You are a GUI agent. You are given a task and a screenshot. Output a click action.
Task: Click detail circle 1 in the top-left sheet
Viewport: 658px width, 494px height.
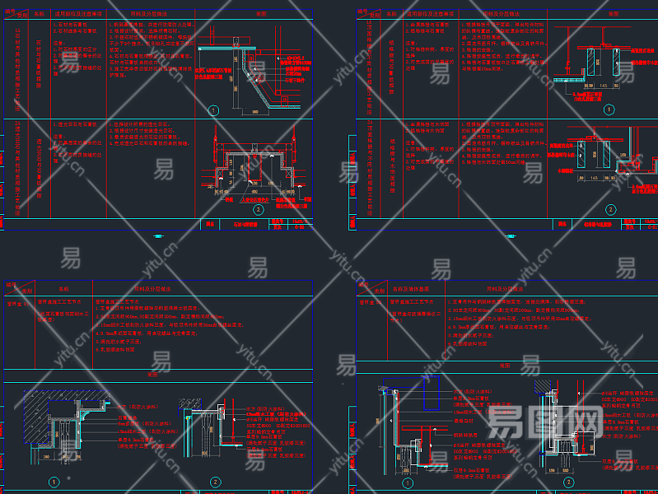coord(212,110)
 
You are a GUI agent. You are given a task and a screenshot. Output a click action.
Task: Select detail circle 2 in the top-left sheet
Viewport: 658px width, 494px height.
coord(258,209)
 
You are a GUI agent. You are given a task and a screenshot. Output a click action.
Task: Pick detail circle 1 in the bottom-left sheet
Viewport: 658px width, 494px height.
coord(54,482)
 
